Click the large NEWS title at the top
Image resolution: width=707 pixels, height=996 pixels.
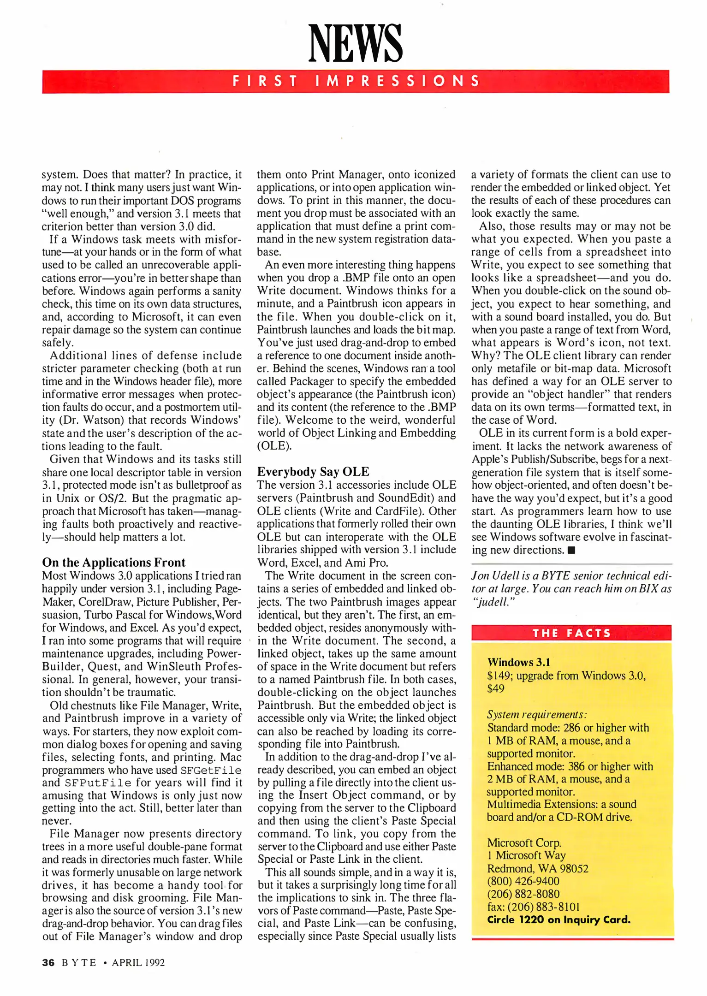(x=355, y=43)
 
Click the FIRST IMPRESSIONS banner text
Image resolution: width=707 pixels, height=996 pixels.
(x=355, y=82)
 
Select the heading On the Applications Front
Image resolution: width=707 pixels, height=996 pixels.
(x=113, y=562)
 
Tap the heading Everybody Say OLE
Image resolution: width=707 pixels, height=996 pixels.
(x=313, y=471)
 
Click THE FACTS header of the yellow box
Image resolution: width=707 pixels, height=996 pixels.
(x=571, y=633)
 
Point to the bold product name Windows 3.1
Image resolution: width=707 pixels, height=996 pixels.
(x=518, y=662)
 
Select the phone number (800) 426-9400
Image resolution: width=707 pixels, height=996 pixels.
(x=523, y=881)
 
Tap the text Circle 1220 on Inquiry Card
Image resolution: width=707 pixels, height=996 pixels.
(x=558, y=919)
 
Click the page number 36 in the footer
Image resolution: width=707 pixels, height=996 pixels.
(x=48, y=963)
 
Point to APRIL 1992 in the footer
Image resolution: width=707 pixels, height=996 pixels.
(x=138, y=963)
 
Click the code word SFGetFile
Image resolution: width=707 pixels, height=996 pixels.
(x=211, y=771)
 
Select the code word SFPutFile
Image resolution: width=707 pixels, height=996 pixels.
(x=98, y=783)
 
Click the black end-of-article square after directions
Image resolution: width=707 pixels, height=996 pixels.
(x=572, y=550)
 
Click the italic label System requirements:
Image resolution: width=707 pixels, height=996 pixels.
(x=536, y=714)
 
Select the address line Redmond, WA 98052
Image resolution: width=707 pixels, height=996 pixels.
(x=537, y=868)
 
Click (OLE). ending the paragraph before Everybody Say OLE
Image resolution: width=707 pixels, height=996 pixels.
(x=274, y=446)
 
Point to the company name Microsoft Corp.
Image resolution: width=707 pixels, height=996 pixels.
(x=524, y=842)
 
